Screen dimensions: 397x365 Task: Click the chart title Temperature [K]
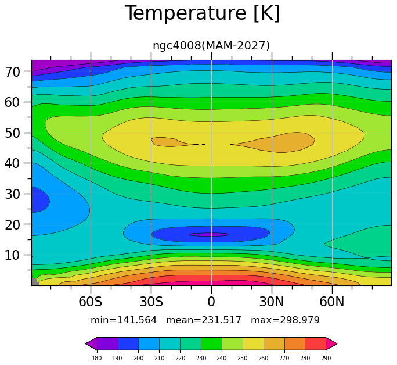click(x=203, y=13)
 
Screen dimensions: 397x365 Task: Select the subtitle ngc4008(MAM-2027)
click(x=211, y=45)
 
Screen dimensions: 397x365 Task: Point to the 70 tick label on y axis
click(x=12, y=72)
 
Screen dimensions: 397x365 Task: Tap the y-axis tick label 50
click(x=12, y=133)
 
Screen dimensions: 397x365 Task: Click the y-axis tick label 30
click(x=12, y=194)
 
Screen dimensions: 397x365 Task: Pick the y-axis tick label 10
click(x=12, y=255)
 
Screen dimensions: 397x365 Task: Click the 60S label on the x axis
click(x=90, y=302)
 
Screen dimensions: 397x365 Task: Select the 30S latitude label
click(x=151, y=302)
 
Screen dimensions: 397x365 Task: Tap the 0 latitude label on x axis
click(x=211, y=302)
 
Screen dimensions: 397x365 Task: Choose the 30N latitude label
click(x=272, y=302)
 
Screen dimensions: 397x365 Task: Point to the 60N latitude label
click(x=332, y=302)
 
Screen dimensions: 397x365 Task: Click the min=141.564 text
click(x=124, y=320)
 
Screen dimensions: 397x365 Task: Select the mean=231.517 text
click(x=204, y=320)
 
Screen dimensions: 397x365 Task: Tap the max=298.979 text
click(x=285, y=320)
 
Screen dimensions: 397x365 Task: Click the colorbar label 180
click(x=97, y=358)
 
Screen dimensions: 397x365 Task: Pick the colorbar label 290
click(x=326, y=358)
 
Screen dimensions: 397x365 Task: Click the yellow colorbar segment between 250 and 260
click(x=253, y=343)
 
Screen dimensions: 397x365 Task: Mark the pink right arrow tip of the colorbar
click(x=337, y=343)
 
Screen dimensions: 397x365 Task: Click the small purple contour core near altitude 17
click(x=209, y=234)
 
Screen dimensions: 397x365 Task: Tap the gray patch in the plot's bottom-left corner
click(x=34, y=282)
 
